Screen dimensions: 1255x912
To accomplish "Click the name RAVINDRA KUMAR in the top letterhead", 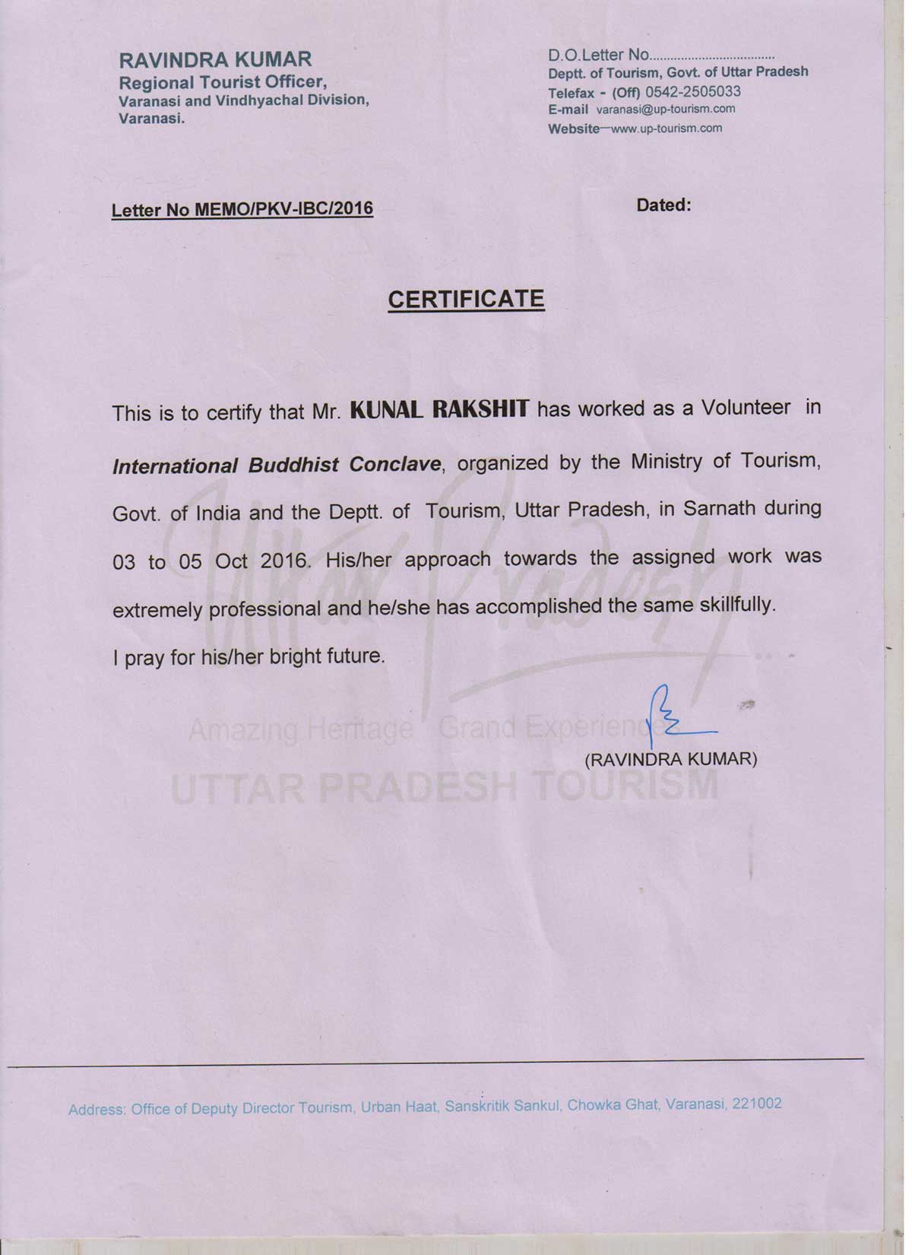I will pos(215,59).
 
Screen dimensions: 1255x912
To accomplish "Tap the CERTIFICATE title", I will pos(466,299).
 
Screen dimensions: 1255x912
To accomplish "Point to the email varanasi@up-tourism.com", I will pos(666,109).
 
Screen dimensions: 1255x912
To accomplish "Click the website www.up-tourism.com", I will pos(666,128).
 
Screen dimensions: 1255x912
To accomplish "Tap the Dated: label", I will pos(663,205).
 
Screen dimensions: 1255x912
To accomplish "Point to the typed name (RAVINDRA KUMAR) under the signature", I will pos(670,759).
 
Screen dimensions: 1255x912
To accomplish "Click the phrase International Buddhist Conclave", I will pos(277,464).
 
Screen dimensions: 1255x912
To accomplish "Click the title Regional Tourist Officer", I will pos(223,81).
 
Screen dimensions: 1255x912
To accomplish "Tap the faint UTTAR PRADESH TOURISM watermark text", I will pos(445,784).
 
